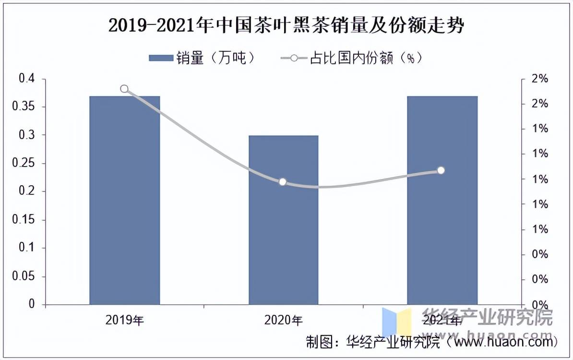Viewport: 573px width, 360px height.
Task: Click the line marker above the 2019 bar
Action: pos(124,89)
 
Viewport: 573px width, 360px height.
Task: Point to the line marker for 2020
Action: pos(283,182)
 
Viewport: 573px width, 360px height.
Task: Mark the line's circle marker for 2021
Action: pos(441,170)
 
